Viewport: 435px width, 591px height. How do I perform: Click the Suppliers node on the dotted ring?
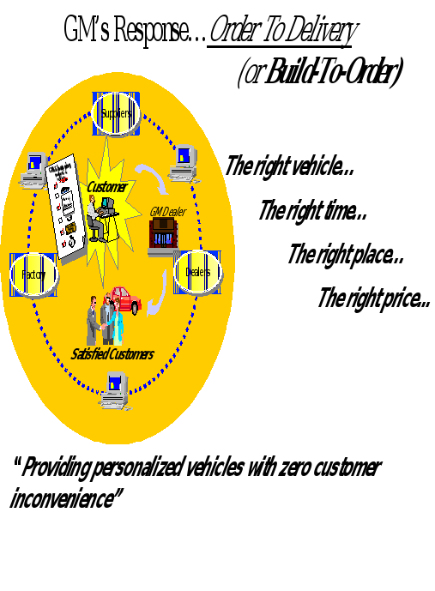pos(116,112)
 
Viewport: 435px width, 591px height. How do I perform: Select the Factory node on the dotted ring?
pos(33,274)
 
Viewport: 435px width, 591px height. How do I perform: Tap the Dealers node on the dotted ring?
pos(197,272)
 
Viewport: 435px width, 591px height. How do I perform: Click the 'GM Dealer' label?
pos(166,212)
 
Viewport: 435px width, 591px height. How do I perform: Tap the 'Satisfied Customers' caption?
pos(112,353)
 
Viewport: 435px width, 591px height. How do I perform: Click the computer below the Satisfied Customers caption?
pos(115,392)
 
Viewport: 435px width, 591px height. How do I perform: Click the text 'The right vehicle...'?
pos(289,166)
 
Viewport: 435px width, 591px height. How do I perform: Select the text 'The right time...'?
pos(313,210)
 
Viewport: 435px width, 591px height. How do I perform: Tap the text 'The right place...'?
pos(345,255)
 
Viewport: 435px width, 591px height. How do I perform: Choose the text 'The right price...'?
pos(374,299)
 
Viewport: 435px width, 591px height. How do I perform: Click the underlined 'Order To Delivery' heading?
pos(282,32)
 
